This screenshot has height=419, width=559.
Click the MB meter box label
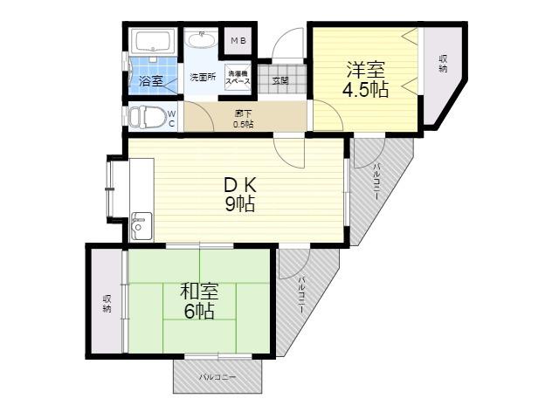pyautogui.click(x=238, y=41)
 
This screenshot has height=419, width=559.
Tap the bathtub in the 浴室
pyautogui.click(x=153, y=41)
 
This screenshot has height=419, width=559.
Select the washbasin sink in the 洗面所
pyautogui.click(x=202, y=38)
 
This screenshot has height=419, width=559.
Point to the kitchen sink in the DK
pyautogui.click(x=141, y=226)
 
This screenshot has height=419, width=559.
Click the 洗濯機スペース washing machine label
pyautogui.click(x=238, y=78)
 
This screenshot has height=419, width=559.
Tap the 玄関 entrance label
pyautogui.click(x=280, y=80)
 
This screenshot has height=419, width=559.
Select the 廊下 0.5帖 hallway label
pyautogui.click(x=244, y=119)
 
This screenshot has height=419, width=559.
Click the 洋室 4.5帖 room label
pyautogui.click(x=365, y=79)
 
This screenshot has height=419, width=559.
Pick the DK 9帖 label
pyautogui.click(x=240, y=195)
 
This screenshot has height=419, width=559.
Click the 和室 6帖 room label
pyautogui.click(x=199, y=301)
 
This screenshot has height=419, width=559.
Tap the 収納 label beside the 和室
pyautogui.click(x=107, y=304)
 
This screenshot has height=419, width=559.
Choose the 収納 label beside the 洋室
pyautogui.click(x=443, y=64)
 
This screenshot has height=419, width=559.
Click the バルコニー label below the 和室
pyautogui.click(x=217, y=377)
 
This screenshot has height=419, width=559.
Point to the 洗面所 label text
pyautogui.click(x=203, y=78)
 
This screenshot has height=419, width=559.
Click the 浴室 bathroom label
pyautogui.click(x=151, y=81)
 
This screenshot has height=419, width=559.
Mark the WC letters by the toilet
pyautogui.click(x=171, y=119)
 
